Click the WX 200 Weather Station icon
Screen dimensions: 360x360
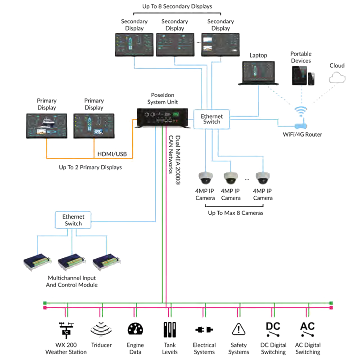pyautogui.click(x=66, y=330)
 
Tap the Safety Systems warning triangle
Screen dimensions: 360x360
pyautogui.click(x=238, y=330)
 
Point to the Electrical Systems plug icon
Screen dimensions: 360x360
pyautogui.click(x=204, y=330)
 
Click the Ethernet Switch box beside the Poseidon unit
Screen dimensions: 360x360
pyautogui.click(x=211, y=119)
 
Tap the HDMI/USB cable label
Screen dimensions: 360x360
pyautogui.click(x=112, y=154)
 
